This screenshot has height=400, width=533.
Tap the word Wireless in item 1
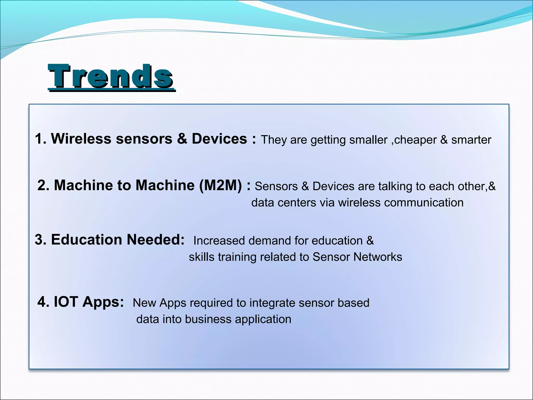pos(81,139)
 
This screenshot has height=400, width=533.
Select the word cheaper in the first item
pos(415,140)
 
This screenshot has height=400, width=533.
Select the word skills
pos(202,257)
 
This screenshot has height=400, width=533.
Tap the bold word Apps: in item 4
pos(103,302)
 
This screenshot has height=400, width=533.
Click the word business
pos(208,319)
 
